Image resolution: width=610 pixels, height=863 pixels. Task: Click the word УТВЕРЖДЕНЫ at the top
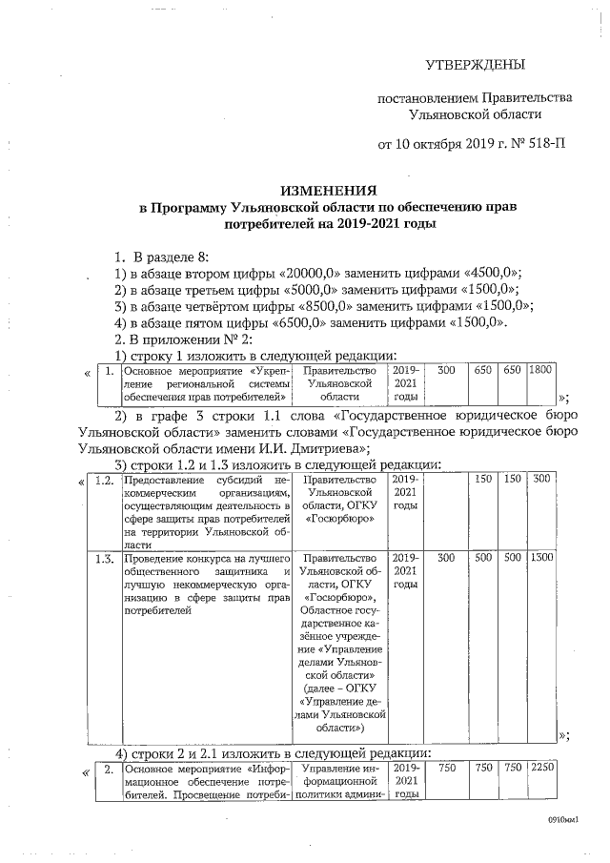click(474, 65)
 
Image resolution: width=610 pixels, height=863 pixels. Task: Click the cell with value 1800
click(539, 369)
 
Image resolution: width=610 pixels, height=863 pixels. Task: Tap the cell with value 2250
click(540, 768)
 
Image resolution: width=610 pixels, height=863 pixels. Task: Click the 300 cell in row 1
click(445, 369)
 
